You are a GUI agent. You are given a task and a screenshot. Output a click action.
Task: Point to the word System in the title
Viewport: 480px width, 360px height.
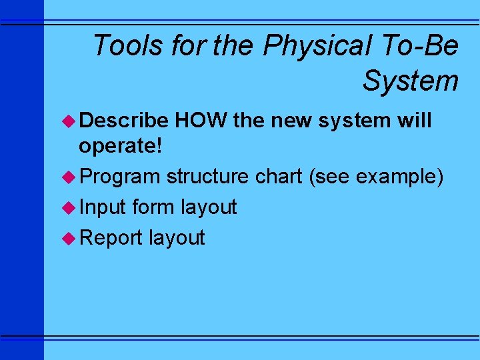(410, 81)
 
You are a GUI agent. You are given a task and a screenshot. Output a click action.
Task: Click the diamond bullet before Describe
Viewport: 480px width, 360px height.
(69, 121)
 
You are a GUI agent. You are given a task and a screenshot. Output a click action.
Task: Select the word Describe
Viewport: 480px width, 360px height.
(123, 121)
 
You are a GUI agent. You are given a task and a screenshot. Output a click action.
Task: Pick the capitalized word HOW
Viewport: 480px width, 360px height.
(199, 121)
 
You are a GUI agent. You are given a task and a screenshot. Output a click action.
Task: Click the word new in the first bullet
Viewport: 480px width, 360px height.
(294, 121)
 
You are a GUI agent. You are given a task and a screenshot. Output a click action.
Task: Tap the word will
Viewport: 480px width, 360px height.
(414, 121)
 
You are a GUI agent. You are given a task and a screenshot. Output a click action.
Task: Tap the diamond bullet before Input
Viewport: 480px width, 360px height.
(69, 207)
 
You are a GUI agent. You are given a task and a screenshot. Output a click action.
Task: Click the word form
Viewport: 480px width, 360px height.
(154, 207)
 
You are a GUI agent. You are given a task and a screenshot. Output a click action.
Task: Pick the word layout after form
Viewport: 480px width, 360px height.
(209, 207)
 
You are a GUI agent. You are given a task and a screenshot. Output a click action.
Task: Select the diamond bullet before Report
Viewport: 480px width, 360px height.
(69, 238)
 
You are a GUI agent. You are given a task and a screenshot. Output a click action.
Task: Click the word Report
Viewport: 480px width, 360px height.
(111, 238)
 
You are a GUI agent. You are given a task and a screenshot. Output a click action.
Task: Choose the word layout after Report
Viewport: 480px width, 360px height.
(177, 238)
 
